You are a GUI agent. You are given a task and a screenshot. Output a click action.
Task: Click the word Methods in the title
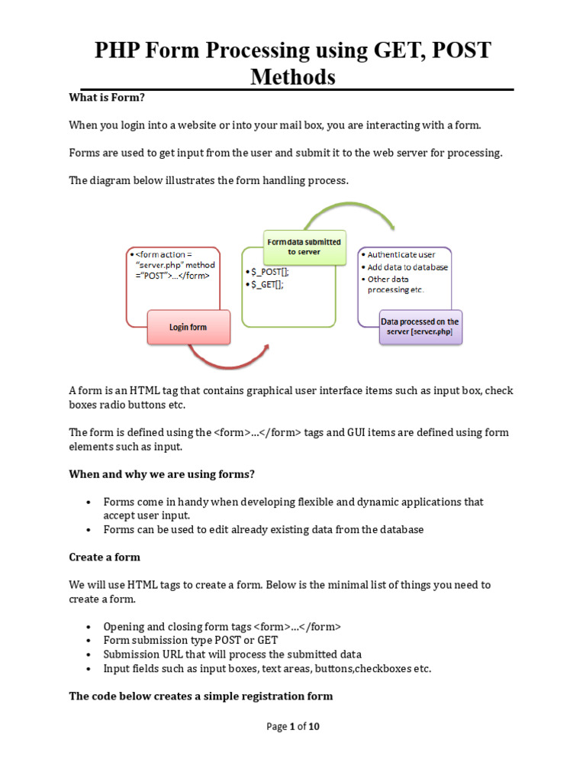click(x=293, y=76)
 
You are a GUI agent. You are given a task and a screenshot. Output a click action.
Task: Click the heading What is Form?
click(x=107, y=97)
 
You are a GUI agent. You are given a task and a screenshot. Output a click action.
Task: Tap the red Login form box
click(x=188, y=327)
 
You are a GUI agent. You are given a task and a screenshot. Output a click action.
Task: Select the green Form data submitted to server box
click(x=304, y=247)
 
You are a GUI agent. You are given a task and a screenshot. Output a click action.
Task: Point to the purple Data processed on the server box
click(x=420, y=327)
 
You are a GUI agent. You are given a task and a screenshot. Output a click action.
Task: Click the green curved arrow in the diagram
click(x=357, y=213)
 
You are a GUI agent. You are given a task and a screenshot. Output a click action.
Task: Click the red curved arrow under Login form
click(x=229, y=357)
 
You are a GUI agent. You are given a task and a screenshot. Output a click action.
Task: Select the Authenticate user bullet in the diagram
click(x=401, y=254)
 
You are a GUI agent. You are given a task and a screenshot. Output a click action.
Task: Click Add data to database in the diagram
click(x=407, y=267)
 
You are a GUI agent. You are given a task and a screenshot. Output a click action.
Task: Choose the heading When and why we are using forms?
click(x=162, y=474)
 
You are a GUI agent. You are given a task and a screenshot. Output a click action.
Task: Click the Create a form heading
click(x=105, y=557)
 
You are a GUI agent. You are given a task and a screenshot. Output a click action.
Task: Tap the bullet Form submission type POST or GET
click(x=191, y=640)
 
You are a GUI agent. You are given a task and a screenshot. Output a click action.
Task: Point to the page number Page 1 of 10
click(x=293, y=726)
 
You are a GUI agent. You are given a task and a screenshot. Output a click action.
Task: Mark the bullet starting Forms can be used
click(x=263, y=529)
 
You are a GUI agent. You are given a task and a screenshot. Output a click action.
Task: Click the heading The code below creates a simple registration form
click(x=201, y=696)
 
